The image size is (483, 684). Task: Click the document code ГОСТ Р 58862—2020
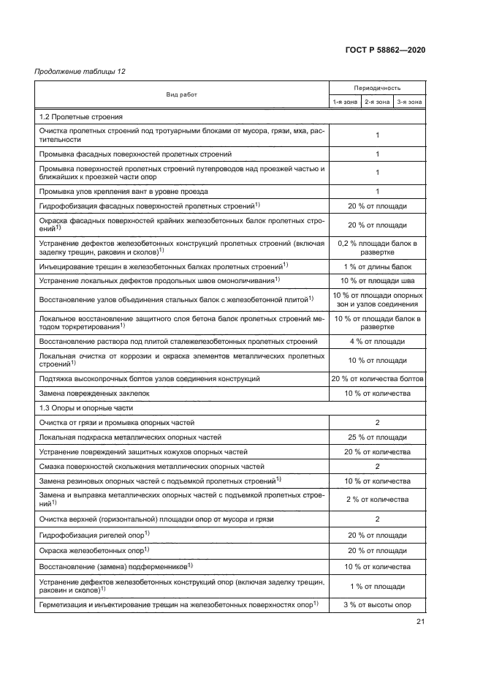pyautogui.click(x=385, y=50)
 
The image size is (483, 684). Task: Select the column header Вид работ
pyautogui.click(x=181, y=94)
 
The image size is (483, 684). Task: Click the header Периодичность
pyautogui.click(x=377, y=87)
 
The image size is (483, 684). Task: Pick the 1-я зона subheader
pyautogui.click(x=345, y=102)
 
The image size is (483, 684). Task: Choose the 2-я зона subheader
pyautogui.click(x=377, y=102)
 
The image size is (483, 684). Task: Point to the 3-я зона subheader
pyautogui.click(x=409, y=102)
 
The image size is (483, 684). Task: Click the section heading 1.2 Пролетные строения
pyautogui.click(x=80, y=117)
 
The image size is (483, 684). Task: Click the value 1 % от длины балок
pyautogui.click(x=377, y=265)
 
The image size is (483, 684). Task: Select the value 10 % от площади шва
pyautogui.click(x=377, y=280)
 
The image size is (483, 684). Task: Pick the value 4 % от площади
pyautogui.click(x=377, y=342)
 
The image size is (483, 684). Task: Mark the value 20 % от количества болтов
pyautogui.click(x=377, y=378)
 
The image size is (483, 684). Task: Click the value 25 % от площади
pyautogui.click(x=377, y=437)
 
